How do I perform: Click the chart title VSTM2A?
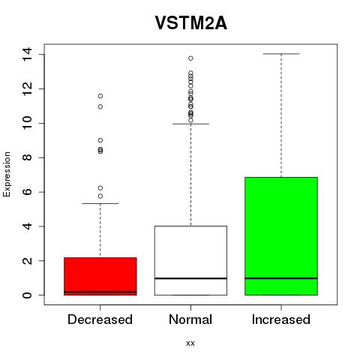click(191, 23)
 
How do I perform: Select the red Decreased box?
click(100, 276)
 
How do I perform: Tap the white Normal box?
click(190, 260)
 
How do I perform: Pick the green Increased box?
click(281, 236)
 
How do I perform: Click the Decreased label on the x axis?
click(100, 319)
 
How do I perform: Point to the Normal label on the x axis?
click(190, 319)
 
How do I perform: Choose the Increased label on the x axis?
click(281, 319)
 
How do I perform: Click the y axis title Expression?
click(7, 174)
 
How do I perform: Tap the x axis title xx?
click(190, 343)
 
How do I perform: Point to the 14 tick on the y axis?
click(27, 54)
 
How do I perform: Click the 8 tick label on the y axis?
click(27, 157)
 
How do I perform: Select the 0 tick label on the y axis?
click(27, 295)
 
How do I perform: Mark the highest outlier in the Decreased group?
click(100, 96)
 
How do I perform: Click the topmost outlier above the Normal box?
click(190, 58)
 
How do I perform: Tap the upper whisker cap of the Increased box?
click(281, 54)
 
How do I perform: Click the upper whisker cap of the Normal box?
click(190, 124)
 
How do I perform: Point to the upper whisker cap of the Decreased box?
click(100, 203)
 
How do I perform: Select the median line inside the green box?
click(281, 278)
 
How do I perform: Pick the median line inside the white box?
click(190, 278)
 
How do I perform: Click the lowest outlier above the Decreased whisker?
click(100, 196)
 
